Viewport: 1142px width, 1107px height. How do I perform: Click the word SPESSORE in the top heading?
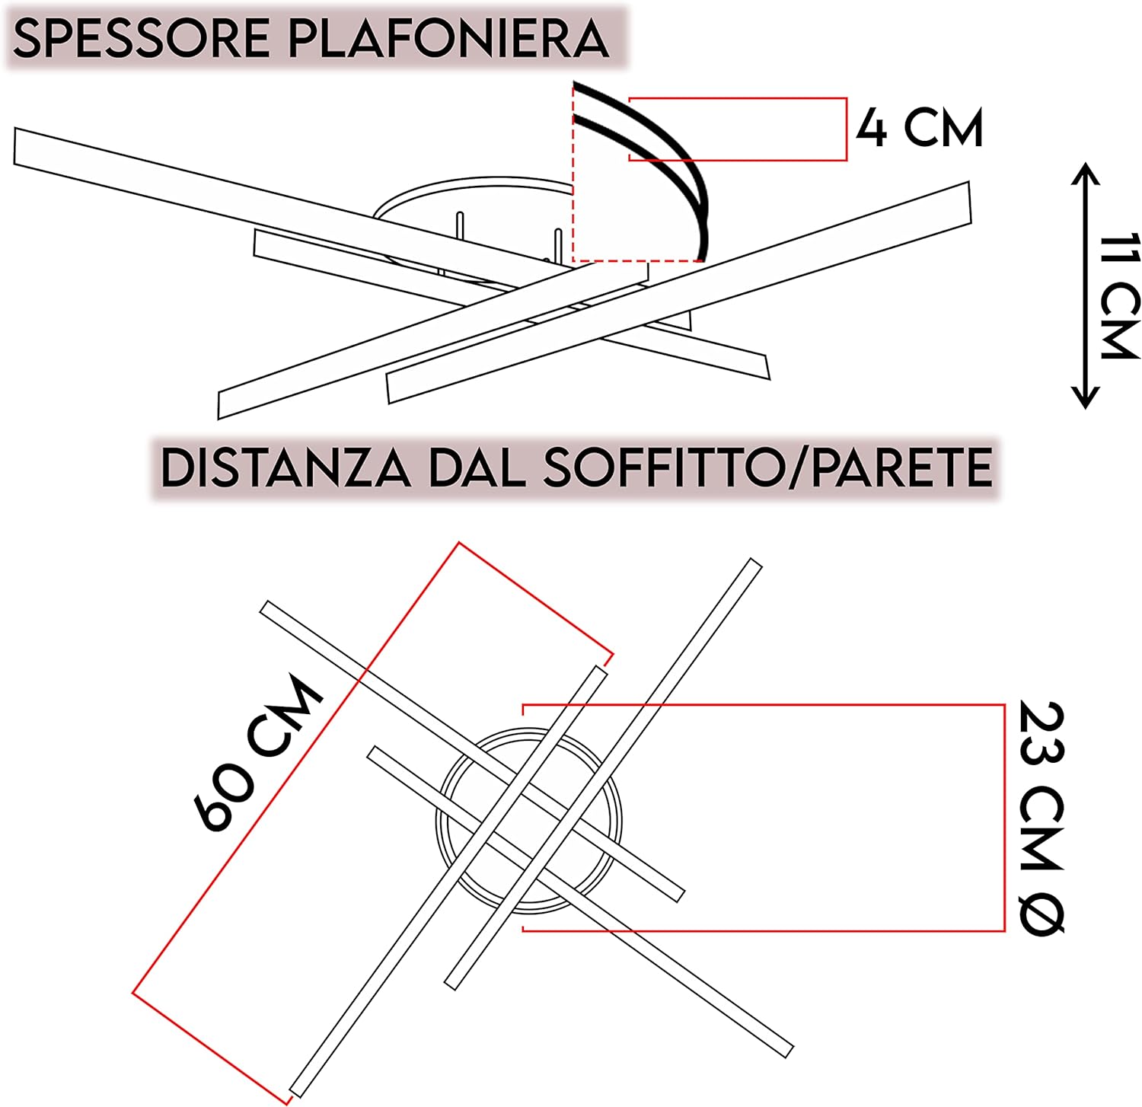tap(141, 39)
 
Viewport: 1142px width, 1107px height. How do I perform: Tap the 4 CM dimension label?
tap(920, 128)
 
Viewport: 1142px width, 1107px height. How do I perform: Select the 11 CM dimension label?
tap(1120, 297)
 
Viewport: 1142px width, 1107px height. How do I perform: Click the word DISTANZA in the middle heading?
tap(285, 467)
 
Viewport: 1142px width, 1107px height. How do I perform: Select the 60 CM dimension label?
tap(259, 754)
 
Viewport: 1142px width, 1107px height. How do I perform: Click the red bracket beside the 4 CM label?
tap(846, 129)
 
